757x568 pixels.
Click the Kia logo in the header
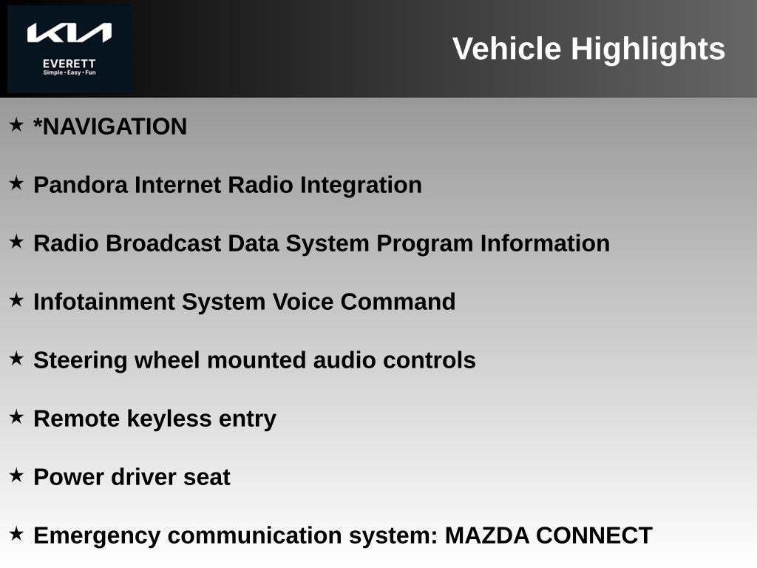pyautogui.click(x=69, y=33)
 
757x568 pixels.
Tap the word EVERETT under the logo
pyautogui.click(x=69, y=64)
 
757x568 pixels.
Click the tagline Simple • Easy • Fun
pyautogui.click(x=69, y=72)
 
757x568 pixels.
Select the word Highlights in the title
pyautogui.click(x=648, y=49)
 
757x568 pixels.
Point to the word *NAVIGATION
pyautogui.click(x=110, y=126)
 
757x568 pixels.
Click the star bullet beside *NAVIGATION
pyautogui.click(x=16, y=124)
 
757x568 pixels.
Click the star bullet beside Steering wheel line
pyautogui.click(x=16, y=359)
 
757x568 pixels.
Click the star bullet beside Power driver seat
pyautogui.click(x=16, y=476)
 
